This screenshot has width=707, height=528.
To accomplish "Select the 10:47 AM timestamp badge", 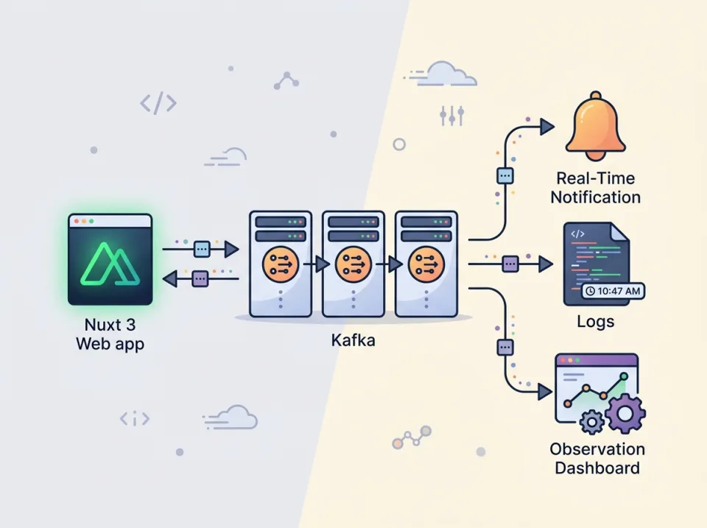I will (x=613, y=292).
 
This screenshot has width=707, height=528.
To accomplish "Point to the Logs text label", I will (x=596, y=323).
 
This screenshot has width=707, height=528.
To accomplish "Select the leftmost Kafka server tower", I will (x=280, y=263).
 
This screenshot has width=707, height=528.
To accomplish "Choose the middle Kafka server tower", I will (x=353, y=263).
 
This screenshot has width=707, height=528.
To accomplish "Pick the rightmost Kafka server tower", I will (x=426, y=263).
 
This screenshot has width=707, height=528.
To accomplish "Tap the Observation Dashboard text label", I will (x=597, y=459).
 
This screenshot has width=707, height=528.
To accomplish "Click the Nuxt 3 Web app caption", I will (x=110, y=334).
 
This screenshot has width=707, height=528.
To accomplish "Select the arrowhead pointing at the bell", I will (x=546, y=127).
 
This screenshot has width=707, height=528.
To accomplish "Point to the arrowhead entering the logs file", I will (x=545, y=263).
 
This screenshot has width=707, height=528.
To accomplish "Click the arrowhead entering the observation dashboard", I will (x=545, y=391).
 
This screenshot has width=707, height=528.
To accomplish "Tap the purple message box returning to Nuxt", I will (x=200, y=278).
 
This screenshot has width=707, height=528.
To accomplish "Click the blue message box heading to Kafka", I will (x=202, y=250).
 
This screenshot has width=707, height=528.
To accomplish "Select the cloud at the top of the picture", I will (x=449, y=74).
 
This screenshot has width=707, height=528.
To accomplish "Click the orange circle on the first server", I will (x=280, y=262).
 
